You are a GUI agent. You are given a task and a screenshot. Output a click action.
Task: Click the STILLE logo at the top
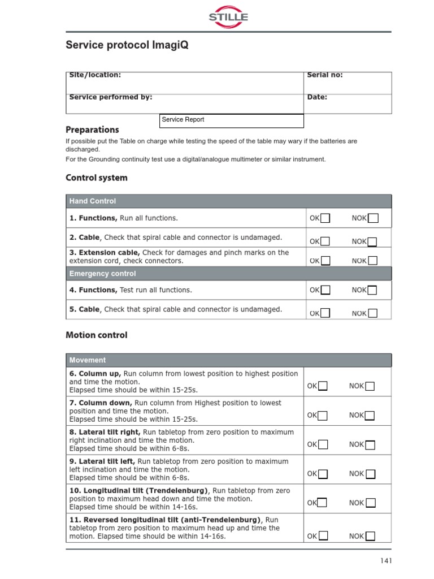[x=228, y=17]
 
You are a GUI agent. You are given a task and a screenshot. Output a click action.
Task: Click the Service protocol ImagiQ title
[x=127, y=45]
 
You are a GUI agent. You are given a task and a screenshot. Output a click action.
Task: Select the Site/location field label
[x=95, y=75]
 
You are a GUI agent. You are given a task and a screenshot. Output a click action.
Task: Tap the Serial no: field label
[x=324, y=75]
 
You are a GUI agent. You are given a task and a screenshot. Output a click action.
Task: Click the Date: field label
[x=317, y=97]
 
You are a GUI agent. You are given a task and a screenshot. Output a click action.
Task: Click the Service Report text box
[x=232, y=120]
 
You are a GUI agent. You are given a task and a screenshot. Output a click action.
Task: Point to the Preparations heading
[x=92, y=129]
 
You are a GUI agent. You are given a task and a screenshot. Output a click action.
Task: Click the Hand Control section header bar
[x=228, y=201]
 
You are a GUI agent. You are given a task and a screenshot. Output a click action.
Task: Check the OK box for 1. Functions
[x=325, y=218]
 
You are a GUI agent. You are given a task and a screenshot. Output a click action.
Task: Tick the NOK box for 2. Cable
[x=372, y=241]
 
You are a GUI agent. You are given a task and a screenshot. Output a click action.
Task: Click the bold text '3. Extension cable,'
[x=105, y=253]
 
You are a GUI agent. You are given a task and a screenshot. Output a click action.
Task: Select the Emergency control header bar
[x=228, y=274]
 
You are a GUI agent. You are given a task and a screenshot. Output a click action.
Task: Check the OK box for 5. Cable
[x=325, y=313]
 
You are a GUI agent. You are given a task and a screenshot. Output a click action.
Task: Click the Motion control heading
[x=97, y=335]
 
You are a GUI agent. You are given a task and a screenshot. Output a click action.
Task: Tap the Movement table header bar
[x=228, y=360]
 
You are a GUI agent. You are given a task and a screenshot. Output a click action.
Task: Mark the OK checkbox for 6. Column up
[x=323, y=386]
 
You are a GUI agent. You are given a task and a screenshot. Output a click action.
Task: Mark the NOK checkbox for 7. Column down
[x=370, y=416]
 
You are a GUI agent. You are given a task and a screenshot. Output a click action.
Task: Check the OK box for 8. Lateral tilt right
[x=323, y=444]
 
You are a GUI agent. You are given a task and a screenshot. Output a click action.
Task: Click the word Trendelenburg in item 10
[x=178, y=491]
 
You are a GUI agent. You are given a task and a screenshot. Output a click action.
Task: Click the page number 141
[x=385, y=561]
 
